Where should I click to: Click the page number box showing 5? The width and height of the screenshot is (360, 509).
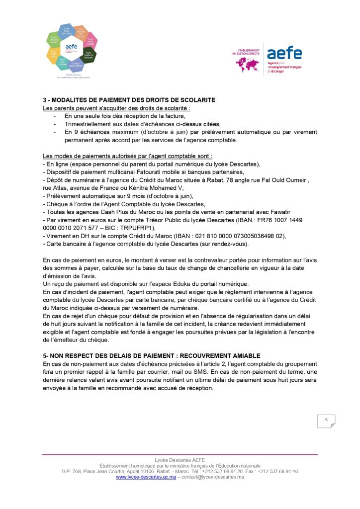[x=326, y=421]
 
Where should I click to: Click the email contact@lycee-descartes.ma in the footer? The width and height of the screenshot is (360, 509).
[x=212, y=477]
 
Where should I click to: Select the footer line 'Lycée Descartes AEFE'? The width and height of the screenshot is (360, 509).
[x=180, y=460]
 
